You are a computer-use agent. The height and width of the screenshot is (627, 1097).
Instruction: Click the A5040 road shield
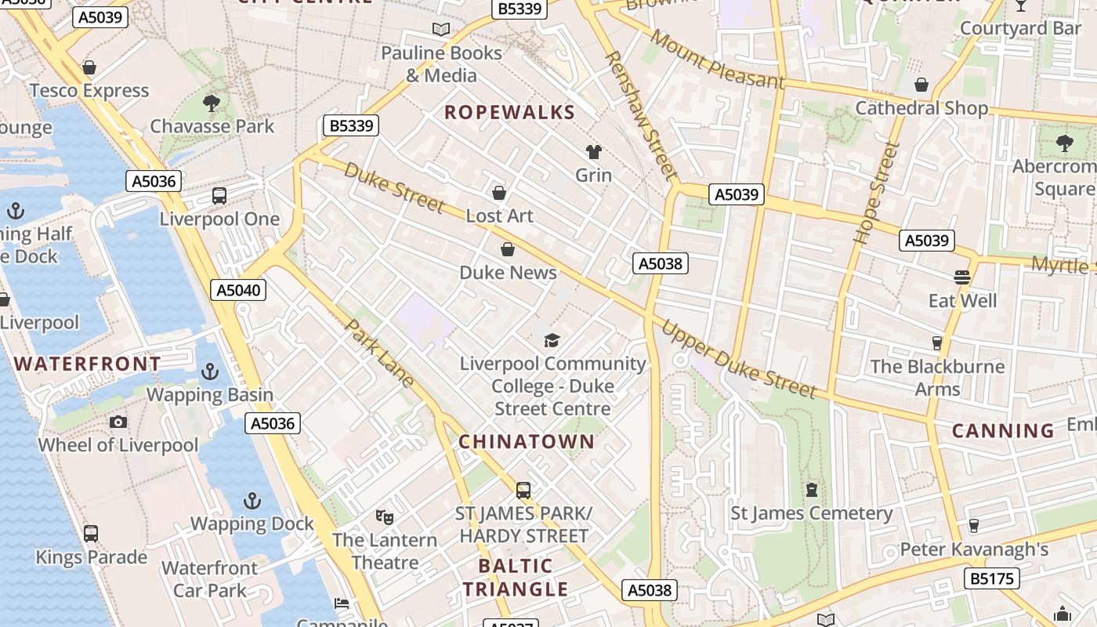tap(239, 290)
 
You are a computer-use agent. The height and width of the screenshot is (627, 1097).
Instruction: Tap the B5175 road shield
tap(992, 579)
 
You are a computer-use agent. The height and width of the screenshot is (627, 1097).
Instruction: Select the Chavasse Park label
tap(212, 126)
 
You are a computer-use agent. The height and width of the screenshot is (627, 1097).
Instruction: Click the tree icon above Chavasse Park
tap(211, 103)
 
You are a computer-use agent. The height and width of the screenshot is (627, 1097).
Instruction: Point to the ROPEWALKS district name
tap(509, 112)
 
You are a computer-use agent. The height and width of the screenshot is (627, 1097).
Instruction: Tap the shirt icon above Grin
tap(593, 152)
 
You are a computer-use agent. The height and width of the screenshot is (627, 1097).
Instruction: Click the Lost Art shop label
tap(499, 216)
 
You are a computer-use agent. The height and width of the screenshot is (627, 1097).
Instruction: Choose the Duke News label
tap(508, 273)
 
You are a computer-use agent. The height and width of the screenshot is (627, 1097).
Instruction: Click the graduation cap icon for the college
tap(552, 340)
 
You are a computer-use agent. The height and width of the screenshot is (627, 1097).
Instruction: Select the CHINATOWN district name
tap(527, 441)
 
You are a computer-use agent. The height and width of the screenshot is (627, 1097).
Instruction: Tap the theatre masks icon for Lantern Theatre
tap(384, 516)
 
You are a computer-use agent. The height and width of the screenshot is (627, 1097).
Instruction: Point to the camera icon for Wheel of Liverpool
tap(118, 422)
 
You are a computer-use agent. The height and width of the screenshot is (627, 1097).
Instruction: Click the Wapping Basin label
tap(210, 394)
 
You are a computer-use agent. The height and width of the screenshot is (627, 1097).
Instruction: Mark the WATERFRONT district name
tap(88, 364)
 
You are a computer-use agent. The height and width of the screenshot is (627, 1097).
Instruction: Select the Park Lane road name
tap(379, 353)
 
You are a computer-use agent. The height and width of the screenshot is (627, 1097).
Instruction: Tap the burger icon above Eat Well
tap(962, 277)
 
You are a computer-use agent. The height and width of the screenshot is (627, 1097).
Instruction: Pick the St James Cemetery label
tap(811, 513)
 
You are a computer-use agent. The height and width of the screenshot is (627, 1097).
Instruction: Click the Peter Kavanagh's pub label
tap(973, 549)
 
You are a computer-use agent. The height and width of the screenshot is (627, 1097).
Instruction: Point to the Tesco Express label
tap(89, 91)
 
